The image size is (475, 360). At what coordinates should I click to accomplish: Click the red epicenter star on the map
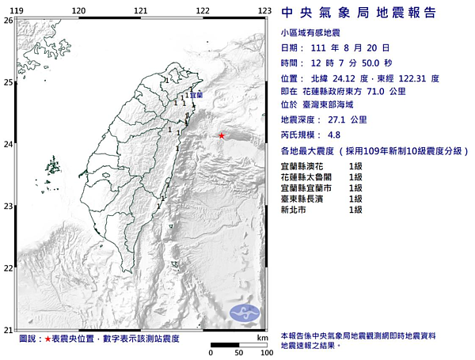pos(221,136)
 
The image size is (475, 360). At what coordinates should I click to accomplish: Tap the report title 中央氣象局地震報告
pos(370,13)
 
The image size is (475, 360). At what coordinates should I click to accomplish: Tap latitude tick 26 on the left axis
pos(8,21)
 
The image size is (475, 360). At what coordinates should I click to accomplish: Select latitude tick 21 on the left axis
pos(8,328)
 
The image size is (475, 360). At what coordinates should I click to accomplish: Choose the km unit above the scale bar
pos(261,338)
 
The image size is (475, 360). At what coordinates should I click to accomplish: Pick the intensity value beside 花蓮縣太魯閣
pos(355,177)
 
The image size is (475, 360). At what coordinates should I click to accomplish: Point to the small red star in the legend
pos(47,339)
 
